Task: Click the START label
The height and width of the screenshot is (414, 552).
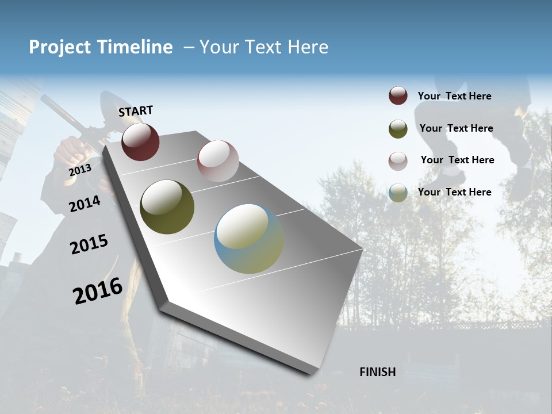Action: coord(136,111)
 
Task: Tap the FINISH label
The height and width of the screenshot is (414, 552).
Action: coord(377,372)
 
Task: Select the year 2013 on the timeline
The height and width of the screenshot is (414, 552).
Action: coord(80,170)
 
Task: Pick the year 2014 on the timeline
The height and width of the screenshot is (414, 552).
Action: coord(85,204)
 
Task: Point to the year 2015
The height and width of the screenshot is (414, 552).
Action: coord(89,244)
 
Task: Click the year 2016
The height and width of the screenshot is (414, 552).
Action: coord(98,291)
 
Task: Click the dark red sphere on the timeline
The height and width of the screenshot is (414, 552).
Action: coord(140,141)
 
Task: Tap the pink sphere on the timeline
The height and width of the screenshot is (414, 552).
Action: coord(218,161)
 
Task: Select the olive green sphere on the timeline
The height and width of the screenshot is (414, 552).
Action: coord(167,207)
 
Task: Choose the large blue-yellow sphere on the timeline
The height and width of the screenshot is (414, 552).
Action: coord(249,239)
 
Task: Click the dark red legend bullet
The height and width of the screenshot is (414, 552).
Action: coord(398,96)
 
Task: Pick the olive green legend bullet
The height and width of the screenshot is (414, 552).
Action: coord(398,129)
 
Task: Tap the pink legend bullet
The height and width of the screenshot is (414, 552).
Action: coord(398,161)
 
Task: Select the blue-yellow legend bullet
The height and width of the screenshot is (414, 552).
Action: coord(398,193)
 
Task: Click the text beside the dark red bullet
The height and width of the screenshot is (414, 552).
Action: coord(454,96)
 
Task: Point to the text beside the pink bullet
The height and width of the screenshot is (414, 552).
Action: coord(457,160)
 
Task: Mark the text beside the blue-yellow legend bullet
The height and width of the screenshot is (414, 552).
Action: coord(454,192)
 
